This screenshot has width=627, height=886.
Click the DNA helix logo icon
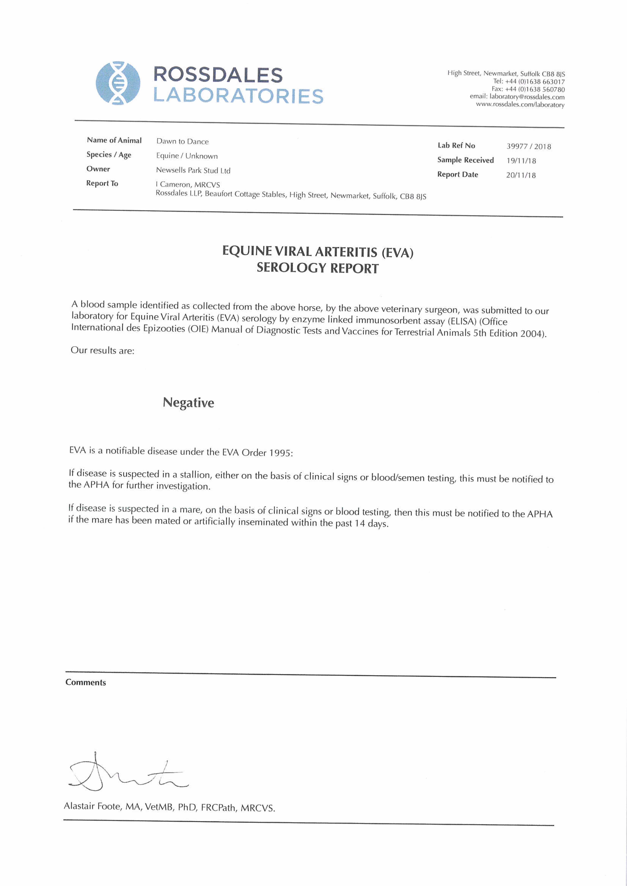click(118, 83)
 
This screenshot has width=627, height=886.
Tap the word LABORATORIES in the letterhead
click(238, 96)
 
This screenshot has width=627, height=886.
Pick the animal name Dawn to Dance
click(182, 141)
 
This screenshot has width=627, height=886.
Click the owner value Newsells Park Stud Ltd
click(193, 170)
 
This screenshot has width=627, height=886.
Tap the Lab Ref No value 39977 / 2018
click(529, 146)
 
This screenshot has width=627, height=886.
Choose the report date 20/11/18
click(521, 175)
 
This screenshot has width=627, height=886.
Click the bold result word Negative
click(188, 402)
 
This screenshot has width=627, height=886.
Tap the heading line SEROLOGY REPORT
click(317, 268)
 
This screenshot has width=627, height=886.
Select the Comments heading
click(86, 682)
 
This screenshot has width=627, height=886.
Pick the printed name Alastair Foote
click(93, 806)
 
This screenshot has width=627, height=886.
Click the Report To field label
click(102, 183)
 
